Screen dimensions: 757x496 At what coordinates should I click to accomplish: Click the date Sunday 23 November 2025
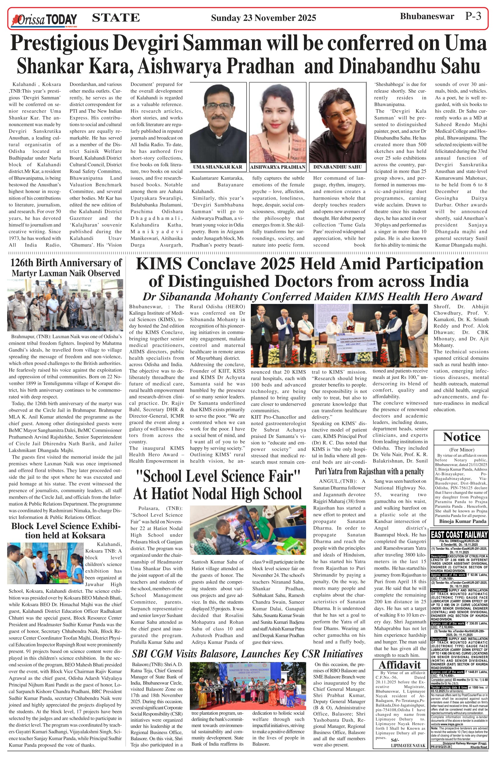tap(263, 18)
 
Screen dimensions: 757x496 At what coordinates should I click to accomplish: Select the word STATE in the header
tap(116, 17)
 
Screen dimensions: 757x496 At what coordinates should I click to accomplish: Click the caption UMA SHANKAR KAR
tap(218, 167)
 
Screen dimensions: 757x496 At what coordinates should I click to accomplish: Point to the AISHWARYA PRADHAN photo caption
tap(278, 167)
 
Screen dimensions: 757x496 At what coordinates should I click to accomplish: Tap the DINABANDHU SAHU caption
tap(338, 167)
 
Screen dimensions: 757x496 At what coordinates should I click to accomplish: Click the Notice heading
tap(462, 437)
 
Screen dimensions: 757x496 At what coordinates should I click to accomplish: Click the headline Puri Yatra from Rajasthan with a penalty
tap(369, 471)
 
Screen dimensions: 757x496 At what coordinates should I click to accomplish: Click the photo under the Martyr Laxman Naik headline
tap(65, 305)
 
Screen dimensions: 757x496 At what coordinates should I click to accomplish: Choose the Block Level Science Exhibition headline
tap(66, 531)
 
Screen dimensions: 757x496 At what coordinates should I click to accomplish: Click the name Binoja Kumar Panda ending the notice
tap(463, 521)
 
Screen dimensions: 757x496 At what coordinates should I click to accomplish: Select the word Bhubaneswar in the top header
tap(427, 16)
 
